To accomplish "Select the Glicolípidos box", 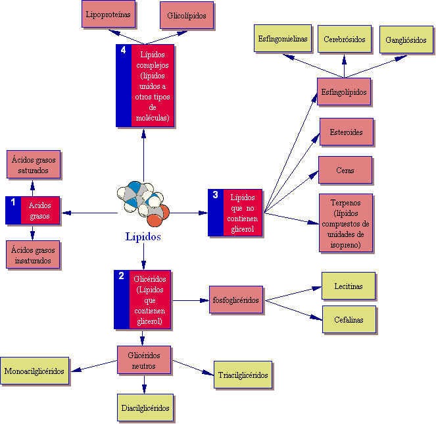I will point(187,14).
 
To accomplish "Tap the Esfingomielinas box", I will point(282,40).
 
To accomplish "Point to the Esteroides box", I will point(346,132).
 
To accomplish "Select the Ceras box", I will point(345,171).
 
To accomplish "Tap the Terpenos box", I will point(346,223).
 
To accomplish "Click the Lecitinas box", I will point(349,286).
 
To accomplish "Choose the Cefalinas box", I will point(349,319).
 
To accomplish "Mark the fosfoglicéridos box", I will point(236,300).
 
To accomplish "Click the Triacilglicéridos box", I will point(243,375).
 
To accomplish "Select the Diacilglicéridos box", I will point(146,408).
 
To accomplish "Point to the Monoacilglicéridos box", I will point(34,371).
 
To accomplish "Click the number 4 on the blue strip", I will point(123,51).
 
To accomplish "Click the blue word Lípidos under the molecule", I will point(143,237).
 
